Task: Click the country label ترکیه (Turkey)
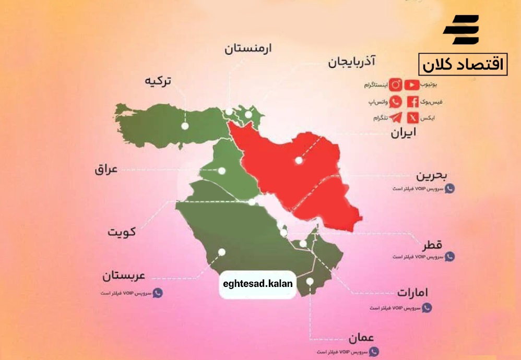click(158, 81)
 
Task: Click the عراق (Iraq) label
click(106, 170)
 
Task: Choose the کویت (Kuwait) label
click(122, 231)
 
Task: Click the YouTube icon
click(412, 84)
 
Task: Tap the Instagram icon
click(396, 84)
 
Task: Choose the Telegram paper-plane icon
click(396, 118)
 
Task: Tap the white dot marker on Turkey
click(185, 126)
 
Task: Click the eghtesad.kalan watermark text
click(258, 284)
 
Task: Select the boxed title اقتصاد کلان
click(463, 65)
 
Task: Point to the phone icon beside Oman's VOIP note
click(374, 352)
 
